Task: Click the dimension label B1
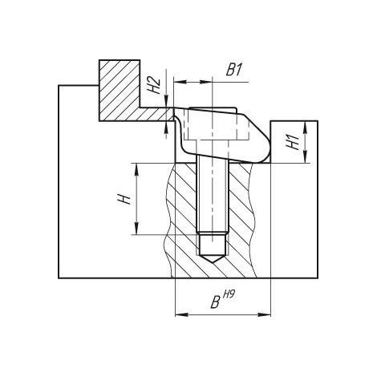click(x=234, y=71)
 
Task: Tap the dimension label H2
click(x=155, y=85)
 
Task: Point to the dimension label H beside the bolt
click(x=124, y=199)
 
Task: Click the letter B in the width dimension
click(x=215, y=303)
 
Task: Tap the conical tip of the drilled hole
click(x=213, y=259)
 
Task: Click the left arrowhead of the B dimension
click(x=181, y=314)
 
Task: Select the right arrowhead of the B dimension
click(x=264, y=314)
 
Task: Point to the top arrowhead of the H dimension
click(x=136, y=169)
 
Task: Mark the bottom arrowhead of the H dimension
click(x=136, y=228)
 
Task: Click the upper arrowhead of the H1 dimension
click(x=306, y=128)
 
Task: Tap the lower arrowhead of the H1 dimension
click(x=306, y=156)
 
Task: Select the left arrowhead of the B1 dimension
click(x=180, y=82)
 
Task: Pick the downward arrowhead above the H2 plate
click(x=166, y=102)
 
